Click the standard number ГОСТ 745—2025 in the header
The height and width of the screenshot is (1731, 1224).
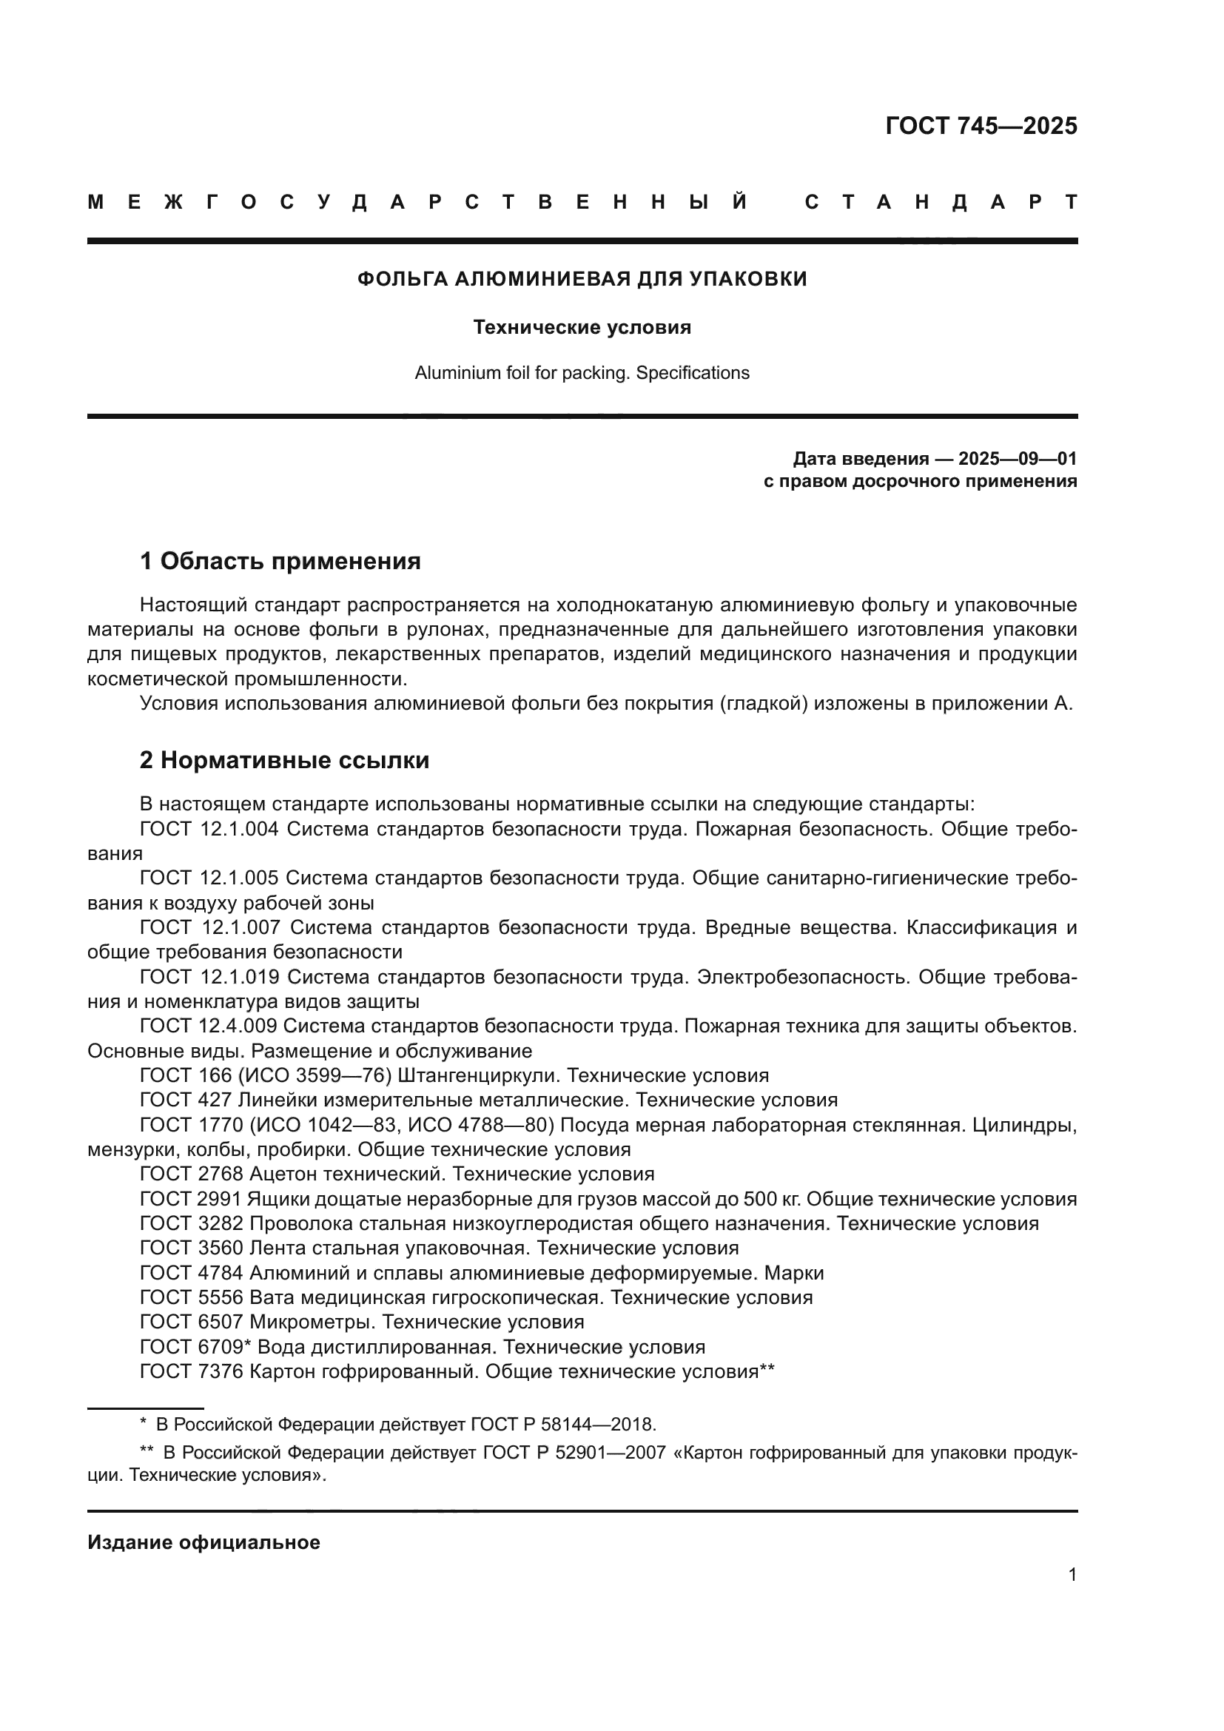click(981, 125)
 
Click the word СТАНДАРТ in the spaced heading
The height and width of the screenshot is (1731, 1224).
click(941, 202)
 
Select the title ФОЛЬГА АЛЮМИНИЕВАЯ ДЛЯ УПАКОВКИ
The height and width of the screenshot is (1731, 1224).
click(582, 279)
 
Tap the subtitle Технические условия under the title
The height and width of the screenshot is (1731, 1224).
click(582, 327)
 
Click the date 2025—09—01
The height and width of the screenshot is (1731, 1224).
click(1018, 458)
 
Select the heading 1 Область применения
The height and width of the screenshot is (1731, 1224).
click(280, 561)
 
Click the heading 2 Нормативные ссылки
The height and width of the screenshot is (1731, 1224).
click(284, 760)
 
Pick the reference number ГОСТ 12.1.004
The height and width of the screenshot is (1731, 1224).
click(209, 830)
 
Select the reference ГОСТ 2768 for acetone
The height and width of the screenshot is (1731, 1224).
click(192, 1174)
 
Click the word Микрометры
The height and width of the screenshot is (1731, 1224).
click(313, 1322)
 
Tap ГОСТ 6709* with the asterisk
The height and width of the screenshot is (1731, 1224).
click(195, 1346)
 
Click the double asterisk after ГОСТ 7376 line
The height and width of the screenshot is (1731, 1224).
click(767, 1370)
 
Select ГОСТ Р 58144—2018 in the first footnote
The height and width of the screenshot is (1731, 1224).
click(562, 1424)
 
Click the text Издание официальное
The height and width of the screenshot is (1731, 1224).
click(204, 1542)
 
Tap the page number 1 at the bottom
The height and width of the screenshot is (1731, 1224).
click(1072, 1574)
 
